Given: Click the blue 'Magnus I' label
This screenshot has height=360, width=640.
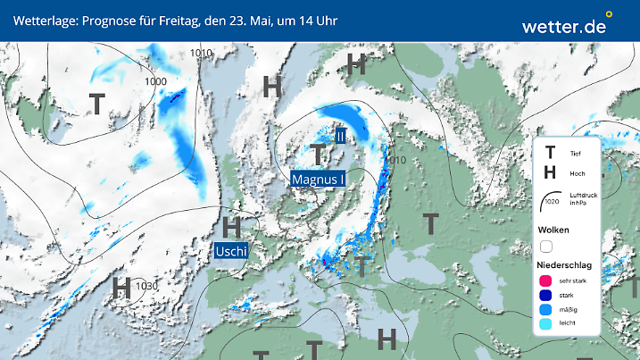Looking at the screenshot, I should click(x=319, y=180).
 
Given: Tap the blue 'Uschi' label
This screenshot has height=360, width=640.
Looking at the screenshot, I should click(x=231, y=250).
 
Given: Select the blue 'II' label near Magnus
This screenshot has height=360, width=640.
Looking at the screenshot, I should click(x=340, y=136).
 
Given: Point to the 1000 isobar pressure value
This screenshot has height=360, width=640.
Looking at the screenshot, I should click(x=156, y=81).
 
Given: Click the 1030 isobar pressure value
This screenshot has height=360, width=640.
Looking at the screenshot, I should click(x=147, y=286).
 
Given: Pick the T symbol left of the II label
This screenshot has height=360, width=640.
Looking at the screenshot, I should click(x=318, y=153).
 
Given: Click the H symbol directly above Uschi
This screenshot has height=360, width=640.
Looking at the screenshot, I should click(x=232, y=226).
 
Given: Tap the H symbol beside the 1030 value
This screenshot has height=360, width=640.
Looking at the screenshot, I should click(x=122, y=288).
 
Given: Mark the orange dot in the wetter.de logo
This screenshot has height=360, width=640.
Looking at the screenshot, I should click(x=609, y=14).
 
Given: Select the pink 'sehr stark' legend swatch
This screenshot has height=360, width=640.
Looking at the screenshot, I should click(x=545, y=280).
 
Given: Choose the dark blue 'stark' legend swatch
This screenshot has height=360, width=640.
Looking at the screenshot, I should click(x=545, y=296).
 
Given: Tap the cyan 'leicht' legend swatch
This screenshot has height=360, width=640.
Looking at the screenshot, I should click(x=545, y=325).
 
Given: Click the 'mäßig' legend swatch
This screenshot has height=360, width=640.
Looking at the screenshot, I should click(x=545, y=310).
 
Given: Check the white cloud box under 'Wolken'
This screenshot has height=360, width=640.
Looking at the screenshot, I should click(x=546, y=246).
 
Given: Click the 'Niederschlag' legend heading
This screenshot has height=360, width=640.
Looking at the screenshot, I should click(x=565, y=264).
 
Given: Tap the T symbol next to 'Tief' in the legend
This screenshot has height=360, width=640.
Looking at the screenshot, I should click(x=550, y=154).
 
